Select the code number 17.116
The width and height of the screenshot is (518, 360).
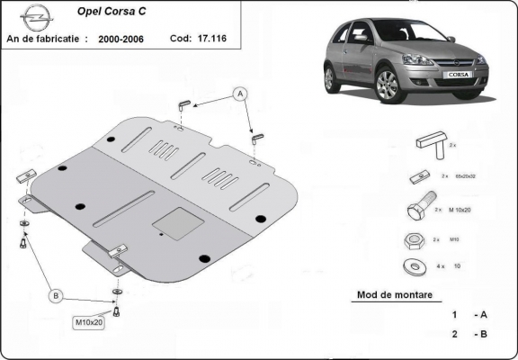pos(210,40)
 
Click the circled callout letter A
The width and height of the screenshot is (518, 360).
pos(240,93)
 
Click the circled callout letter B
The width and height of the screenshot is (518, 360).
pos(56,295)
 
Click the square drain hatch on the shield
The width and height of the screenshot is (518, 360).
pos(174,220)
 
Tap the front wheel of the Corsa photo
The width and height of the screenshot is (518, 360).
pos(388,85)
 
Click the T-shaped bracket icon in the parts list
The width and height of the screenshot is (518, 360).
pos(428,145)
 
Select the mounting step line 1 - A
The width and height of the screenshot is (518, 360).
pos(469,316)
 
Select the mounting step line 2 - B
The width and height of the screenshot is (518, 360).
pos(469,336)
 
